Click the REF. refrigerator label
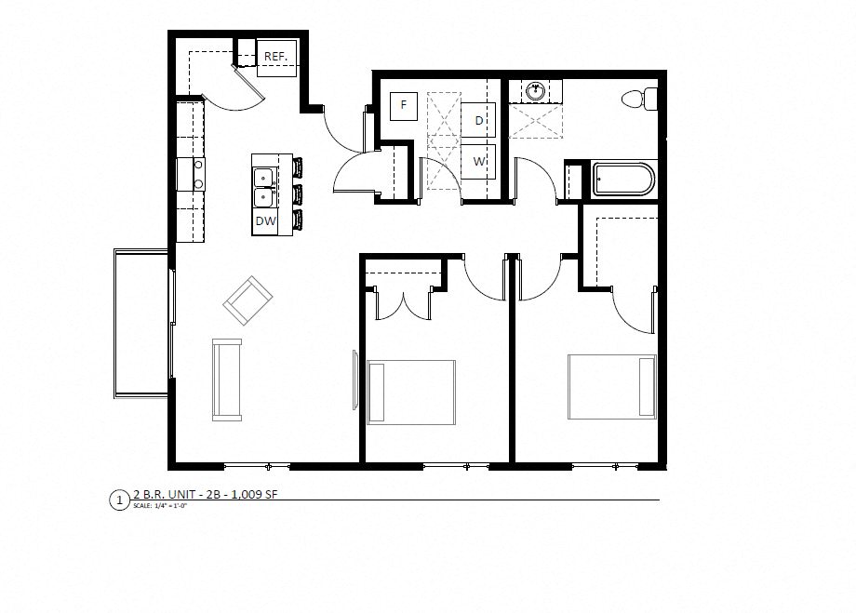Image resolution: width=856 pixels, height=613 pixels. click(x=275, y=57)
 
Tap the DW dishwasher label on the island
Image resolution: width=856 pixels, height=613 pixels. click(x=265, y=221)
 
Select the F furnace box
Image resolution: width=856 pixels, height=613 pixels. click(x=404, y=105)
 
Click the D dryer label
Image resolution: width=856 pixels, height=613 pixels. click(x=479, y=121)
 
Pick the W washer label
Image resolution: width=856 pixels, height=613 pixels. click(x=479, y=160)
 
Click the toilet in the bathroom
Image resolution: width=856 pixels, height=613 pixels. click(x=640, y=98)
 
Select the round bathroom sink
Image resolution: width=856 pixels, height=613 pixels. click(x=537, y=92)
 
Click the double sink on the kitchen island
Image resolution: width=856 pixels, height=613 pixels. click(x=263, y=185)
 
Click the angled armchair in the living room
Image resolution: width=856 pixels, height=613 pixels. click(x=247, y=300)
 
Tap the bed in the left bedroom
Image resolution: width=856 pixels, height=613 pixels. click(x=411, y=392)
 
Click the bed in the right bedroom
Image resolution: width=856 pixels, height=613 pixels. click(x=613, y=386)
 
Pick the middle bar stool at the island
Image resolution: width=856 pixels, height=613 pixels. click(x=298, y=194)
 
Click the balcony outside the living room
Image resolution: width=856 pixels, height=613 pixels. click(x=140, y=322)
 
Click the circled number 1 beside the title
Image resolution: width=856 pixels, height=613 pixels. click(x=117, y=500)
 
